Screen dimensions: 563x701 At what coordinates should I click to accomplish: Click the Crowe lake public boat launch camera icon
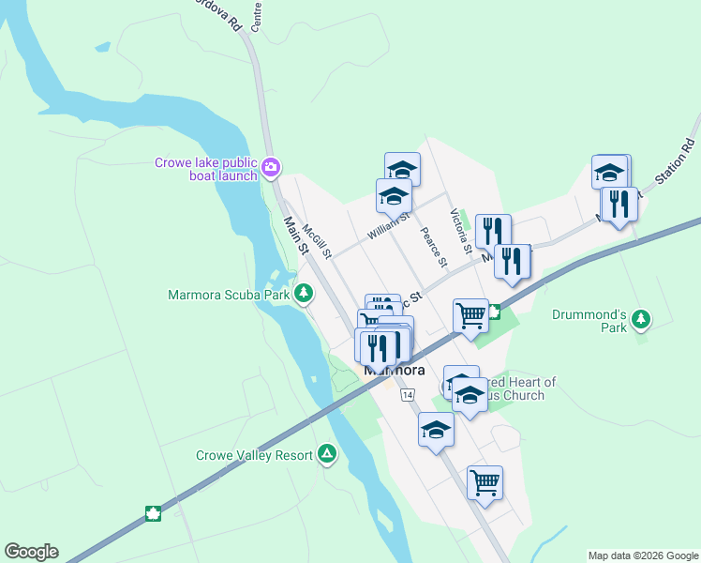271,168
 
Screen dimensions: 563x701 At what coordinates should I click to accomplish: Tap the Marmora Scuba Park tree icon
303,295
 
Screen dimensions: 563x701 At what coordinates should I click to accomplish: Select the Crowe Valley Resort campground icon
327,455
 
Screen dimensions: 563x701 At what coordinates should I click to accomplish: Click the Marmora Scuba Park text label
229,295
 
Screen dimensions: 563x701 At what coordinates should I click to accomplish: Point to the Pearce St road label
432,247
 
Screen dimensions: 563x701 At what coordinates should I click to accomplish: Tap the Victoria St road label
459,231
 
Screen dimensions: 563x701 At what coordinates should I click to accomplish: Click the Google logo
31,552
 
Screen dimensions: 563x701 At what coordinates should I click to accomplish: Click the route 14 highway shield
407,395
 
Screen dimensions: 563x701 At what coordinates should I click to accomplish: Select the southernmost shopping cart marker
485,482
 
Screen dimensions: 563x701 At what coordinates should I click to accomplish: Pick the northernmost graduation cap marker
402,169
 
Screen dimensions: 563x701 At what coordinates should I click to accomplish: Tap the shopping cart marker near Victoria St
470,314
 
